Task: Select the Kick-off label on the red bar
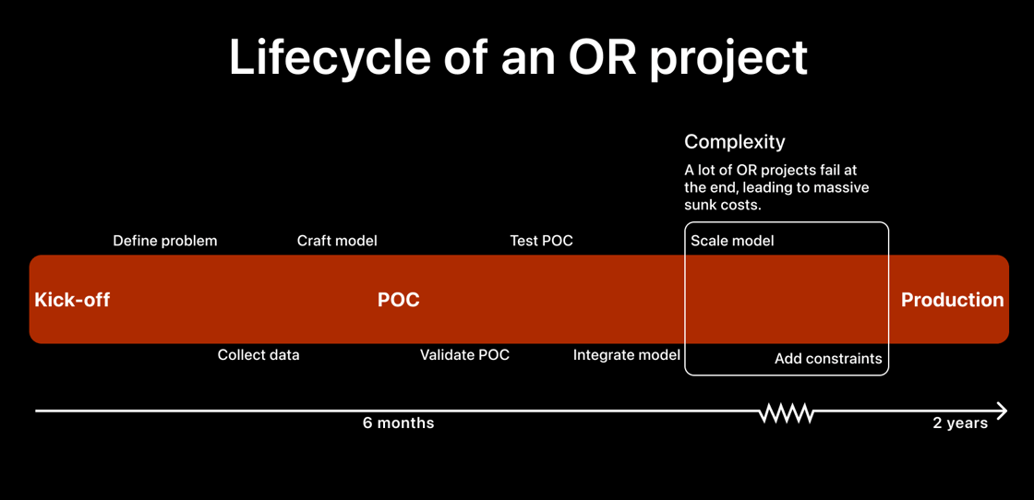click(72, 300)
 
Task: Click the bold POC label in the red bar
click(399, 300)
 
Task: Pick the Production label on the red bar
click(952, 300)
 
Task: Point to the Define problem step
click(165, 241)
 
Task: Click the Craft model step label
click(337, 241)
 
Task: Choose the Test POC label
click(541, 241)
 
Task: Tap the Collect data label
click(258, 355)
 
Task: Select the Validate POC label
click(464, 355)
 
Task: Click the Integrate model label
click(626, 355)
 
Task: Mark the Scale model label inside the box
click(732, 241)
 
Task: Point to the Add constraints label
click(828, 359)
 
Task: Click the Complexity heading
click(734, 142)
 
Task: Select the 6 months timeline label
click(398, 423)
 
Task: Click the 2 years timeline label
click(959, 423)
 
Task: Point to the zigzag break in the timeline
click(786, 412)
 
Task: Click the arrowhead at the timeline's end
click(1002, 411)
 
